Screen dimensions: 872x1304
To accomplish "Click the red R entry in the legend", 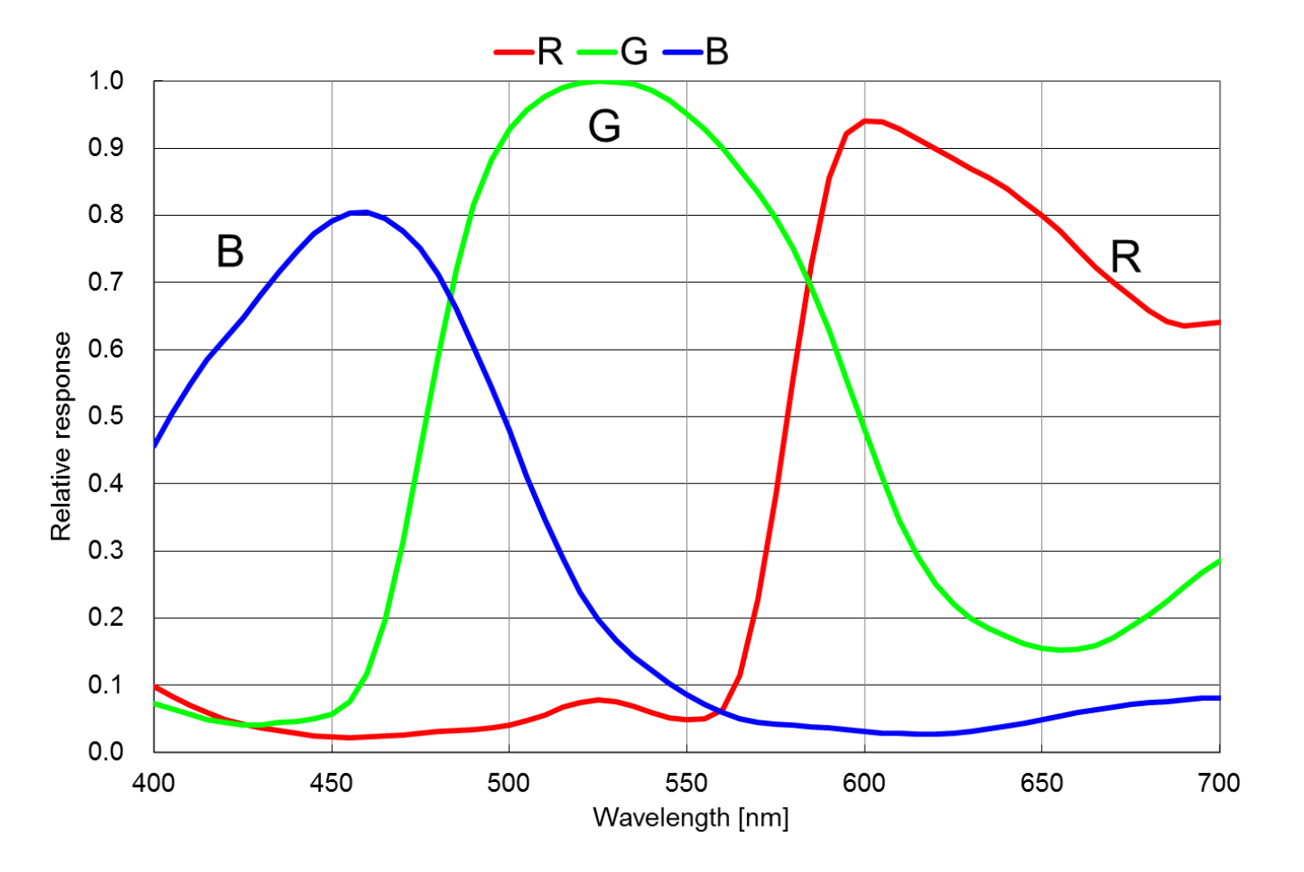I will click(529, 52).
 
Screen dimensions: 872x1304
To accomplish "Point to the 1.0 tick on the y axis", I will click(106, 81).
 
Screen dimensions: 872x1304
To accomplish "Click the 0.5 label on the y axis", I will click(106, 416).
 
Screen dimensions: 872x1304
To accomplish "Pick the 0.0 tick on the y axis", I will click(106, 752).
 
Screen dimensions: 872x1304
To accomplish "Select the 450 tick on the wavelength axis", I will click(332, 783).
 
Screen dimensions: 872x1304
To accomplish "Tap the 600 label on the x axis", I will click(864, 783).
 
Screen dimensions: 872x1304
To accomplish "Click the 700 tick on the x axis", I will click(1218, 783).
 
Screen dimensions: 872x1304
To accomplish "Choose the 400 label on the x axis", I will click(154, 783).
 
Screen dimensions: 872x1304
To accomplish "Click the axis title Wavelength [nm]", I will click(691, 818).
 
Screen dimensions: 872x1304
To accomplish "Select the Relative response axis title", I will click(61, 436).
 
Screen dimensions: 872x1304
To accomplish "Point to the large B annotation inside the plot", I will click(230, 251).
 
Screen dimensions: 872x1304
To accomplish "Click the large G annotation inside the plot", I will click(604, 126).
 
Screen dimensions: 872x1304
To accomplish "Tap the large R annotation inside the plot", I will click(1125, 258).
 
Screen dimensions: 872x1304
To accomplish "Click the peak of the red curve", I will click(866, 120).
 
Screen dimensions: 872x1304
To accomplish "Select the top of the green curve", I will click(598, 82).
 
